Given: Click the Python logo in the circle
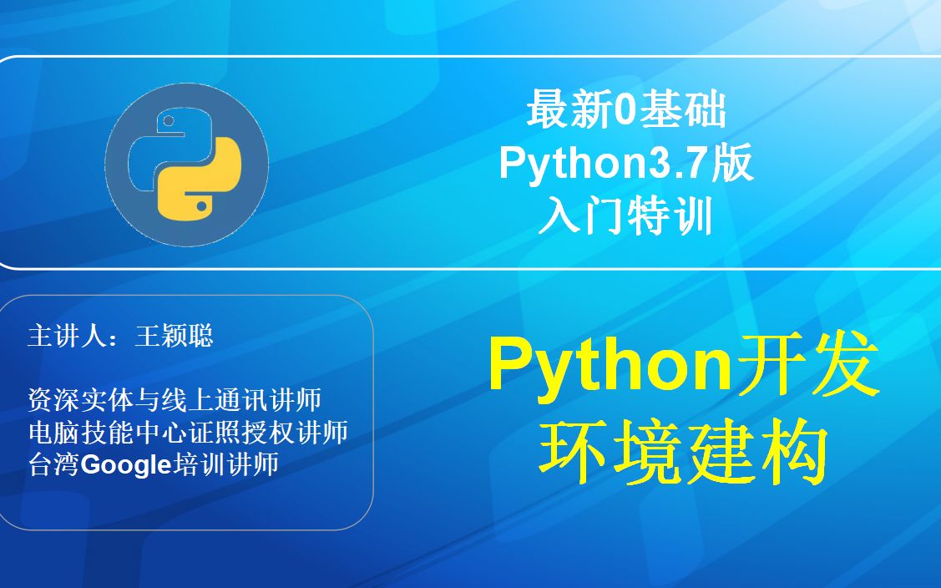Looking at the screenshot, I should click(x=186, y=165).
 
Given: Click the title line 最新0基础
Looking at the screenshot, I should click(x=625, y=111).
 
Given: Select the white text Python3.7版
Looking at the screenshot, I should click(x=626, y=164).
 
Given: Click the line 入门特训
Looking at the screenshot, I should click(x=625, y=217).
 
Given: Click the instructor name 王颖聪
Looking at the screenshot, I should click(x=174, y=336).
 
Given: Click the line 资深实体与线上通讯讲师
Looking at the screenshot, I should click(x=175, y=400).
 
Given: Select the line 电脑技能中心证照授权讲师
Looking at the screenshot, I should click(x=188, y=433).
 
